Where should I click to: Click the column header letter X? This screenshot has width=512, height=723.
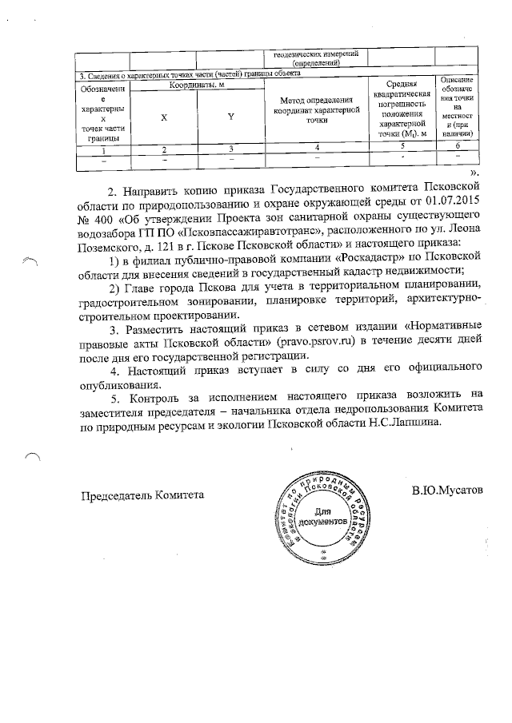[164, 117]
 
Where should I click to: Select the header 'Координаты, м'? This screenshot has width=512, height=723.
[197, 84]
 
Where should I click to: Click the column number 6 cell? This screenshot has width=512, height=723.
[458, 147]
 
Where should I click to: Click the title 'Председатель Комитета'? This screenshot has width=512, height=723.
[142, 495]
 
